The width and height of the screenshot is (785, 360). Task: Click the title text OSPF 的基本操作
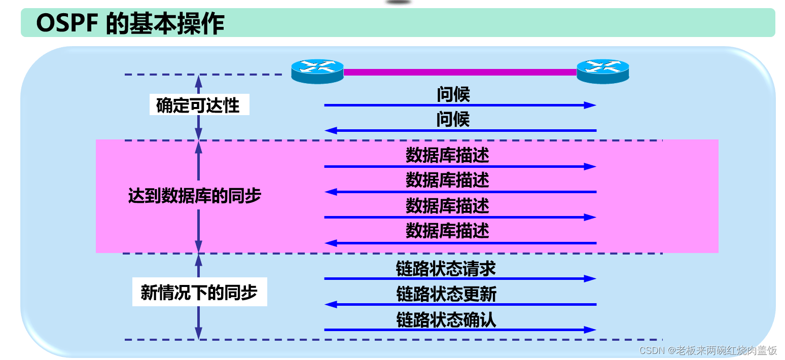coord(130,23)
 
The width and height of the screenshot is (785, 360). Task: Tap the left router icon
coord(317,71)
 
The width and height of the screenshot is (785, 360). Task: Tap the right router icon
coord(603,71)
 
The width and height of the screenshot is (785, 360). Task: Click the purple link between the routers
coord(460,72)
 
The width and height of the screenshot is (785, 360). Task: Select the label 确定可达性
coord(198,105)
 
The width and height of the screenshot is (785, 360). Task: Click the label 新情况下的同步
coord(199,293)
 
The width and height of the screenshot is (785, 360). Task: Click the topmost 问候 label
coord(453,94)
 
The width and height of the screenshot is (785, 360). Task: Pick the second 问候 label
coord(453,120)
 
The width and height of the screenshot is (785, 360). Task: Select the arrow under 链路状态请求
coord(460,278)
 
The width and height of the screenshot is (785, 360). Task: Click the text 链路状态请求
coord(446,269)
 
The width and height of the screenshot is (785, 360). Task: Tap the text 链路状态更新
coord(446,295)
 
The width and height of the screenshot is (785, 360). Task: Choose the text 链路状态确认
coord(446,320)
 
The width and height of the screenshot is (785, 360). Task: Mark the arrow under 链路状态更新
coord(460,304)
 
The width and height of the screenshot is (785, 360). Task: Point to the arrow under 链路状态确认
coord(460,330)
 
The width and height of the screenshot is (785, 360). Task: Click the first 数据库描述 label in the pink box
coord(447,155)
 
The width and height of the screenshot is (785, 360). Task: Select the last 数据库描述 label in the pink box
coord(447,231)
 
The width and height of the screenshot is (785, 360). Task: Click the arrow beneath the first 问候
coord(460,105)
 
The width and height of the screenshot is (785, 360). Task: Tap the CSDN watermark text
coord(708,350)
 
